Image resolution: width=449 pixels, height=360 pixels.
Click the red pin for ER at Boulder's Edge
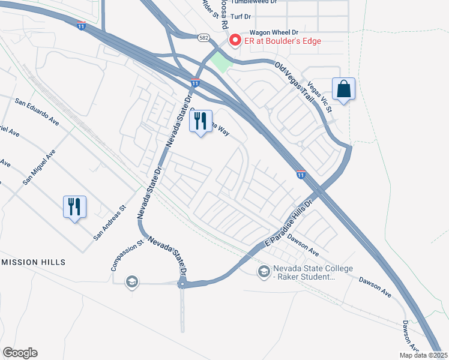(235, 40)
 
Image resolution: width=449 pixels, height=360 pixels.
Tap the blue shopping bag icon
(343, 89)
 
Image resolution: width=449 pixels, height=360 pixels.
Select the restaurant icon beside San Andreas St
(74, 207)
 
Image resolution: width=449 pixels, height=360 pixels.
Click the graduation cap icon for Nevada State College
(264, 272)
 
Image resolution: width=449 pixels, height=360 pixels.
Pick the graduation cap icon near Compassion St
(131, 281)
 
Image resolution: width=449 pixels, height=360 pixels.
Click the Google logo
(20, 353)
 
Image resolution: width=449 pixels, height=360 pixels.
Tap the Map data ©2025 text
(423, 355)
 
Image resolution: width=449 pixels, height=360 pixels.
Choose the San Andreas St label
(110, 224)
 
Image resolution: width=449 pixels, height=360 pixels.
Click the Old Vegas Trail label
(295, 83)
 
